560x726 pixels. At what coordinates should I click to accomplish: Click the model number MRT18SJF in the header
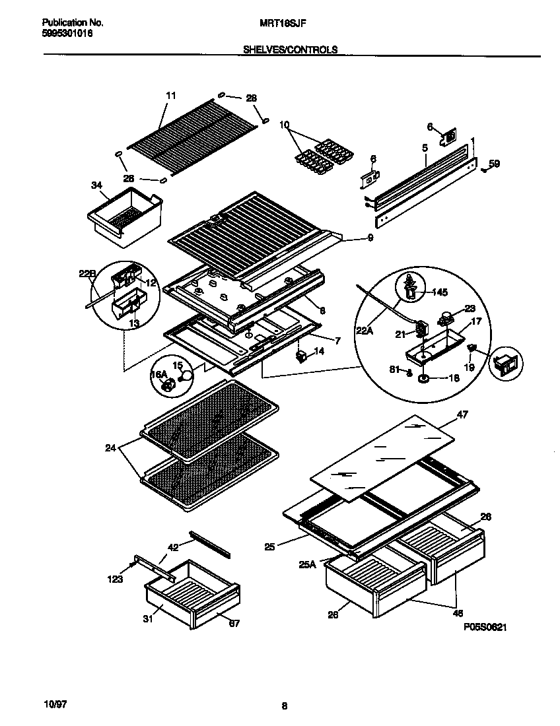coord(280,22)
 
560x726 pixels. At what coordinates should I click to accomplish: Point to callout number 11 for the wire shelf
coord(171,96)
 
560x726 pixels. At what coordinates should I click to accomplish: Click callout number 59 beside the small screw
coord(495,164)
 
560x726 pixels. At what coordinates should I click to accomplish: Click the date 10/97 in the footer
coord(40,704)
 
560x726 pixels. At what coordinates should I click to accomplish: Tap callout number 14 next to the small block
coord(320,352)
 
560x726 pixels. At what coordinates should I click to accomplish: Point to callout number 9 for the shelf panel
coord(370,238)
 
